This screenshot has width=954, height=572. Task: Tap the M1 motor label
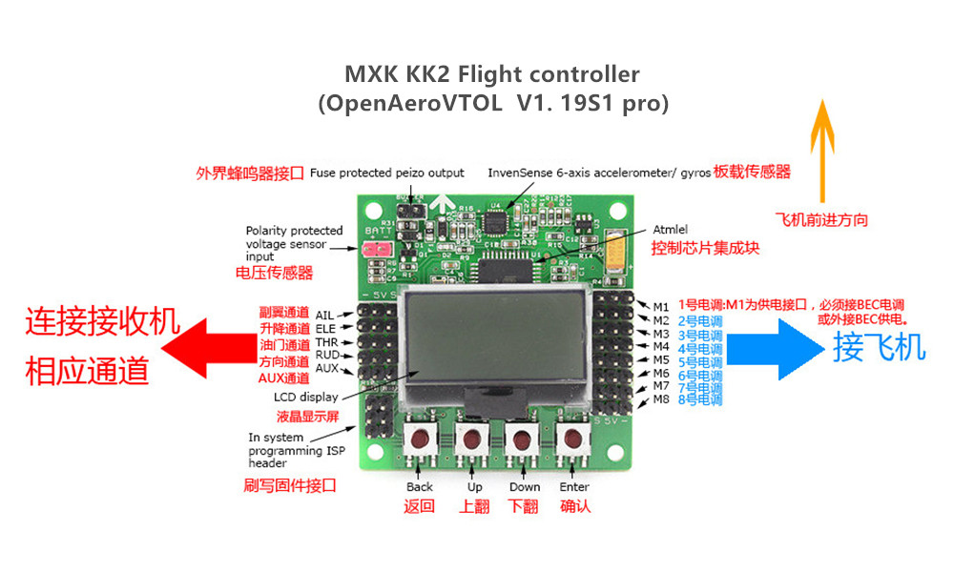pyautogui.click(x=661, y=306)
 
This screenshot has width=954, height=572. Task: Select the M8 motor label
pyautogui.click(x=661, y=399)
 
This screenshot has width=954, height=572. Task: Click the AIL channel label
pyautogui.click(x=325, y=315)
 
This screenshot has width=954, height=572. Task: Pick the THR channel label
pyautogui.click(x=326, y=341)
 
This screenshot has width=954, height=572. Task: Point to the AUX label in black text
pyautogui.click(x=327, y=368)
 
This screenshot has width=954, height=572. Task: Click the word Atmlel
pyautogui.click(x=671, y=230)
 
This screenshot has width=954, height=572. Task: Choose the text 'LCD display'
pyautogui.click(x=305, y=397)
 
